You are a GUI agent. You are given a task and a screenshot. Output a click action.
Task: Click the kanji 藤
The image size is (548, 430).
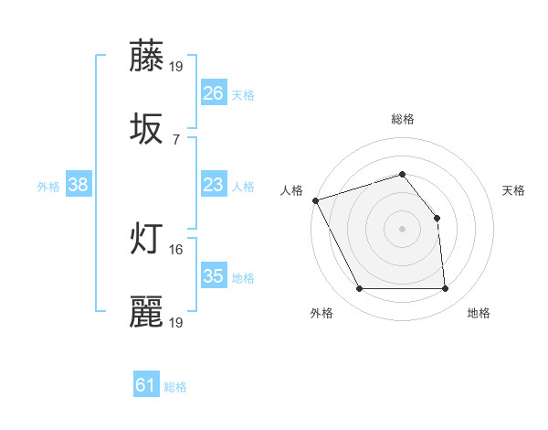147,57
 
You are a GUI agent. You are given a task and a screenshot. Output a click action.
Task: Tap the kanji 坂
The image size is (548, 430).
147,129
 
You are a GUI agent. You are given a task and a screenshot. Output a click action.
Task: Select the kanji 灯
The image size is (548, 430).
147,239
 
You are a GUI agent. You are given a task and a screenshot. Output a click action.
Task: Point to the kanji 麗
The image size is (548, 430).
147,312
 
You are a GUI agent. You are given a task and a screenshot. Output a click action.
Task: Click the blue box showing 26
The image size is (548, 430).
213,93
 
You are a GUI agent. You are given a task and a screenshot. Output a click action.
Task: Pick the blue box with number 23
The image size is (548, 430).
213,185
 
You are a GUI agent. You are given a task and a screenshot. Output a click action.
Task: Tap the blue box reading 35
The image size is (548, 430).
213,276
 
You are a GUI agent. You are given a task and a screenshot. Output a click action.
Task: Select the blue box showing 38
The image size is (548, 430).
78,185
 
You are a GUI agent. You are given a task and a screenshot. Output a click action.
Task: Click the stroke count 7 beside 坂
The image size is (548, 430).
176,139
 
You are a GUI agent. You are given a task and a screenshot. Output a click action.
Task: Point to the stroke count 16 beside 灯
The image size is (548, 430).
176,249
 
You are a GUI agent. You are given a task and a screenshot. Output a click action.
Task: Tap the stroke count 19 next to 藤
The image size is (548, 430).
176,66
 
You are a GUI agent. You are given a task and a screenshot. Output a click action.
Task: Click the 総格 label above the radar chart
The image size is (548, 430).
403,119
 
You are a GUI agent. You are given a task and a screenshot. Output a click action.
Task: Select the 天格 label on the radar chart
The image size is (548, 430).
514,190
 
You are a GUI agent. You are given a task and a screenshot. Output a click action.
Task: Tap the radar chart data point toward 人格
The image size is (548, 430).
315,200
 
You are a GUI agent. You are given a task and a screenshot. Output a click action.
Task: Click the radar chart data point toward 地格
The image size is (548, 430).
446,289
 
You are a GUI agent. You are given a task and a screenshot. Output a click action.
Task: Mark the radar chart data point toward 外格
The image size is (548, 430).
359,289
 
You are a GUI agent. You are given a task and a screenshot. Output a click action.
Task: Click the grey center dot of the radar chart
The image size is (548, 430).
403,229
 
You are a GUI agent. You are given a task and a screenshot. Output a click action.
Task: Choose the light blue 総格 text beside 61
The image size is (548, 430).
175,387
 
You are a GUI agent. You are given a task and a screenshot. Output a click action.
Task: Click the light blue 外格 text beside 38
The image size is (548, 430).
48,187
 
